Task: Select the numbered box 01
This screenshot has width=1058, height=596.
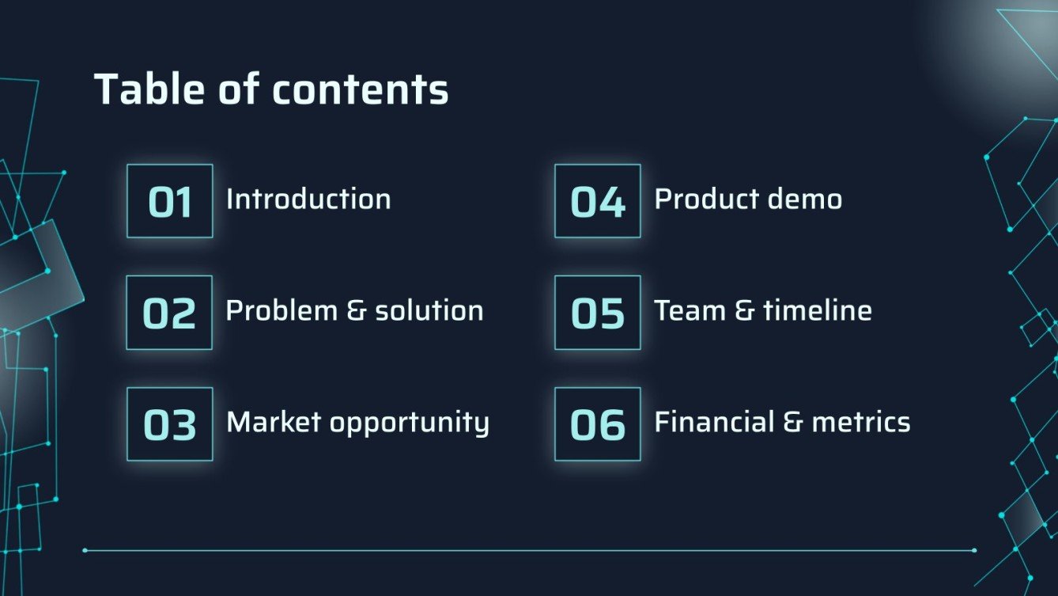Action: point(170,201)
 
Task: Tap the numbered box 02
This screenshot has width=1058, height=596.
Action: point(169,313)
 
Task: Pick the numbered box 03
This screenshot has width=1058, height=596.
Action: point(170,424)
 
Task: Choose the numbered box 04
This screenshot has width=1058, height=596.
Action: point(598,201)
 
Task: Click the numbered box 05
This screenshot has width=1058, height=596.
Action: point(598,313)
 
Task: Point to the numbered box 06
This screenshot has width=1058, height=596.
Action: point(598,424)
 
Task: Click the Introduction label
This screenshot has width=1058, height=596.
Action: point(308,199)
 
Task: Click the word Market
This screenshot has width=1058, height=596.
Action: point(274,422)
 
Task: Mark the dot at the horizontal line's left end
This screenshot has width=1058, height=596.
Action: point(85,550)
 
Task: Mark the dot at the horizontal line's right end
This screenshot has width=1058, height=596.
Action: point(973,550)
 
